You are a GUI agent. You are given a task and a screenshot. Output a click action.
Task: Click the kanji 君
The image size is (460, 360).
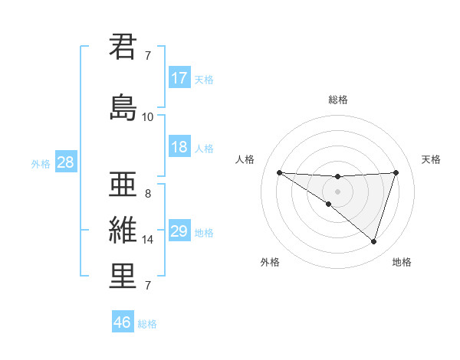pos(123,47)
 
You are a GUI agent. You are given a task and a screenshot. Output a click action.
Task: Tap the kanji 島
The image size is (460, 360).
pos(123,106)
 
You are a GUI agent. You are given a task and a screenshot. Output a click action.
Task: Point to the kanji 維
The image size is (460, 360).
pos(123,230)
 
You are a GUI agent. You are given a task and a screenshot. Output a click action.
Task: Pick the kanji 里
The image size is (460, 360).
pos(123,276)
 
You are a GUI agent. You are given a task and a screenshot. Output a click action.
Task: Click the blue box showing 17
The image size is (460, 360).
pos(179,77)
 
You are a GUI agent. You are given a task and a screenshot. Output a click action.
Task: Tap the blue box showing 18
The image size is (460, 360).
pos(179,148)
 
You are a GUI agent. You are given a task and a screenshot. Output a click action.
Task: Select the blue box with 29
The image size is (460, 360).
pos(179,231)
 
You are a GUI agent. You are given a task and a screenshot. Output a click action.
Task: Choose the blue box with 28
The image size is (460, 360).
pos(65,162)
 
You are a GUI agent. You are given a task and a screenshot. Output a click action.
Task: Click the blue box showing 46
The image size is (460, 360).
pos(123,322)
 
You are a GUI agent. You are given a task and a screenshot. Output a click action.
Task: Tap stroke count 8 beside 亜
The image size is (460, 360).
pos(147,194)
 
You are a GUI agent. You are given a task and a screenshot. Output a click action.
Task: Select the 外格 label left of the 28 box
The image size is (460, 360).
pos(41,163)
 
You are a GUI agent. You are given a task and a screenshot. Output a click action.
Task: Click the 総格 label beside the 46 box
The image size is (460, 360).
pos(147,324)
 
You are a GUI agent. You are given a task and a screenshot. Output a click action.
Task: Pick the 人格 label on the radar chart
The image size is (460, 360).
pos(245,159)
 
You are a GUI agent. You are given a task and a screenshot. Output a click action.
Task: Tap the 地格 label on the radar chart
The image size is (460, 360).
pos(402,262)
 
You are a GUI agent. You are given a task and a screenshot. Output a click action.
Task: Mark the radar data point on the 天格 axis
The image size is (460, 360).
pos(396,172)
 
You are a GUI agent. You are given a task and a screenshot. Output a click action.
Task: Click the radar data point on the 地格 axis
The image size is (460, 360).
pos(373,241)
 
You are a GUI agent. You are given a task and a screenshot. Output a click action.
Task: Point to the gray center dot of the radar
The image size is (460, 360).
pos(337,191)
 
